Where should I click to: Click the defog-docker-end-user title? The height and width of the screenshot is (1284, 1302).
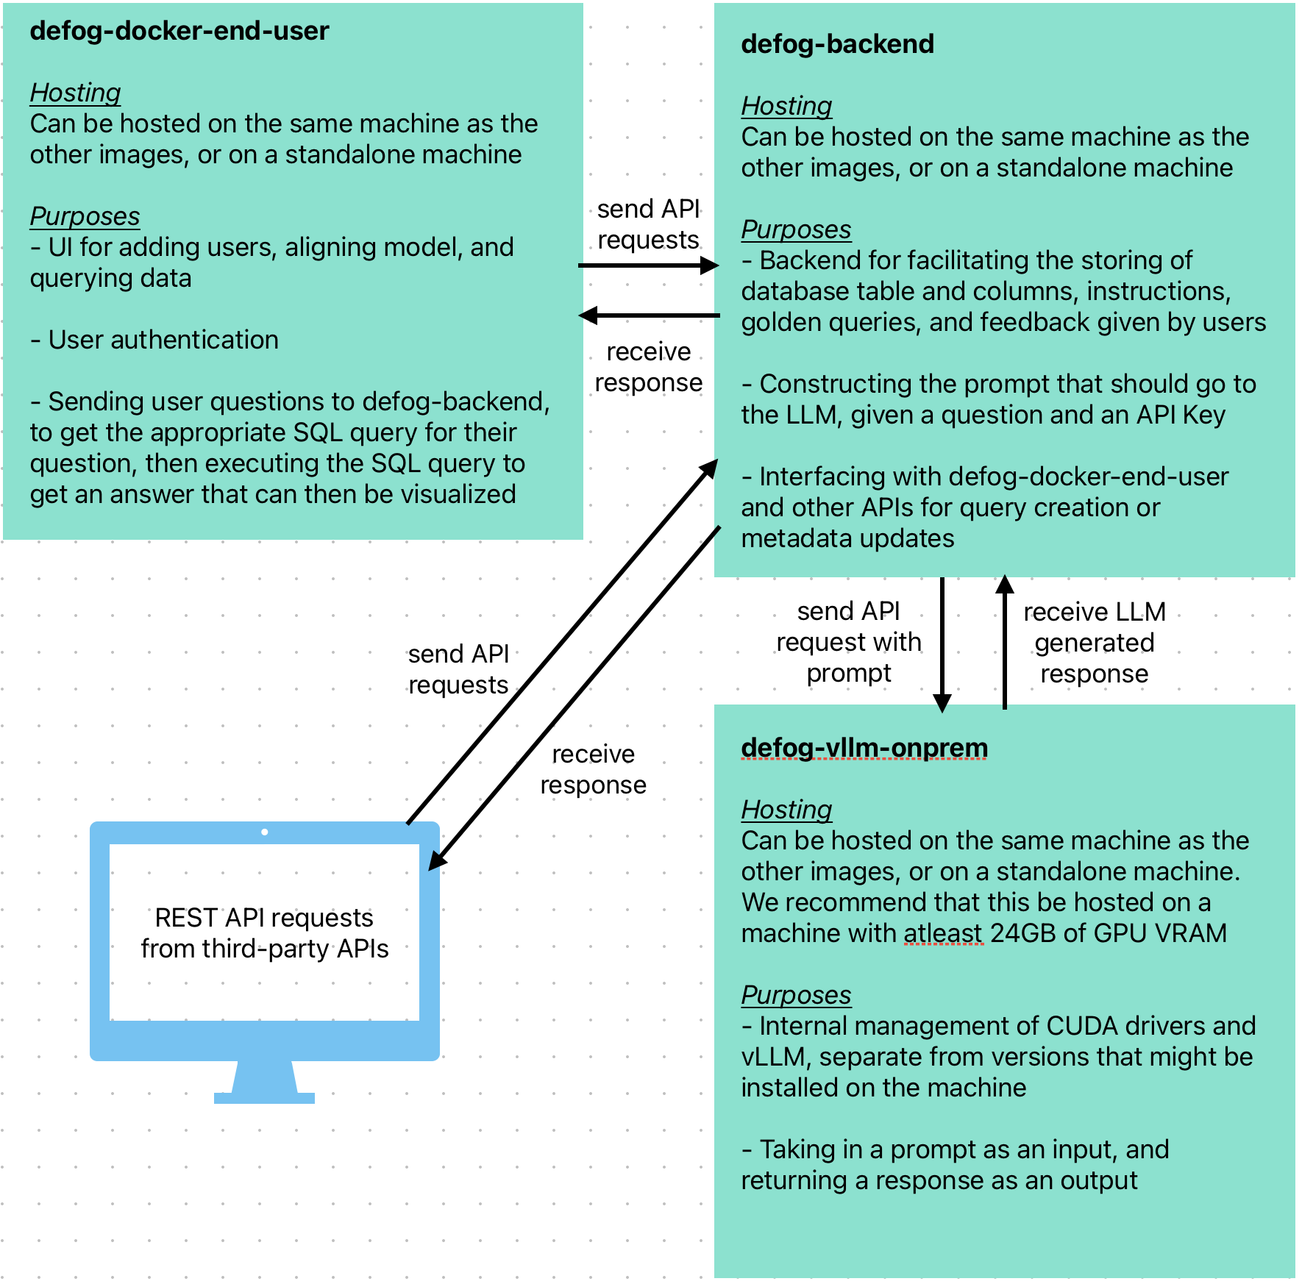point(179,31)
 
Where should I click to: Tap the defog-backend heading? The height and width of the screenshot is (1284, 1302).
point(837,44)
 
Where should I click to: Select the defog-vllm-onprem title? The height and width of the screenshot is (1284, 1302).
point(864,747)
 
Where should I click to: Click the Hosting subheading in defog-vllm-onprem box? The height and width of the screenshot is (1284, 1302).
point(786,810)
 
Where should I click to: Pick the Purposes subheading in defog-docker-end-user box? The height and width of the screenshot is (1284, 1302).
point(85,216)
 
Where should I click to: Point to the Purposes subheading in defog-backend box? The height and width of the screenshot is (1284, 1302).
point(796,229)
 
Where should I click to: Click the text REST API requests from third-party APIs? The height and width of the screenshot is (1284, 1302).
point(264,933)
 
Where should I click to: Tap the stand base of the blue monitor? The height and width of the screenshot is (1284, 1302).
point(264,1098)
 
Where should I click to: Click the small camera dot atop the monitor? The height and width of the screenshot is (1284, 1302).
point(264,832)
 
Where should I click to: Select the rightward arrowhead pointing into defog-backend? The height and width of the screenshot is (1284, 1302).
point(709,265)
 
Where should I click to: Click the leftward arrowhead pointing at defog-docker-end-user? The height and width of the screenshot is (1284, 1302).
point(588,315)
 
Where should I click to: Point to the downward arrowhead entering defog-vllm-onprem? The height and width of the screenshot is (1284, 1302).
point(942,703)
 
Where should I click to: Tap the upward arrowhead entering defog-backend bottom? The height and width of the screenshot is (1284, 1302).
point(1005,584)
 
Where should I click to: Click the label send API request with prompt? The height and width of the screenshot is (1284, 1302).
point(848,642)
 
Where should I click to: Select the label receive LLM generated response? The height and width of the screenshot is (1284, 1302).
point(1094,643)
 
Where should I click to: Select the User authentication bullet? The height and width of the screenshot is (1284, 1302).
point(154,340)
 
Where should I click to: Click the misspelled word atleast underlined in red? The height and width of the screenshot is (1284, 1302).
point(943,933)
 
